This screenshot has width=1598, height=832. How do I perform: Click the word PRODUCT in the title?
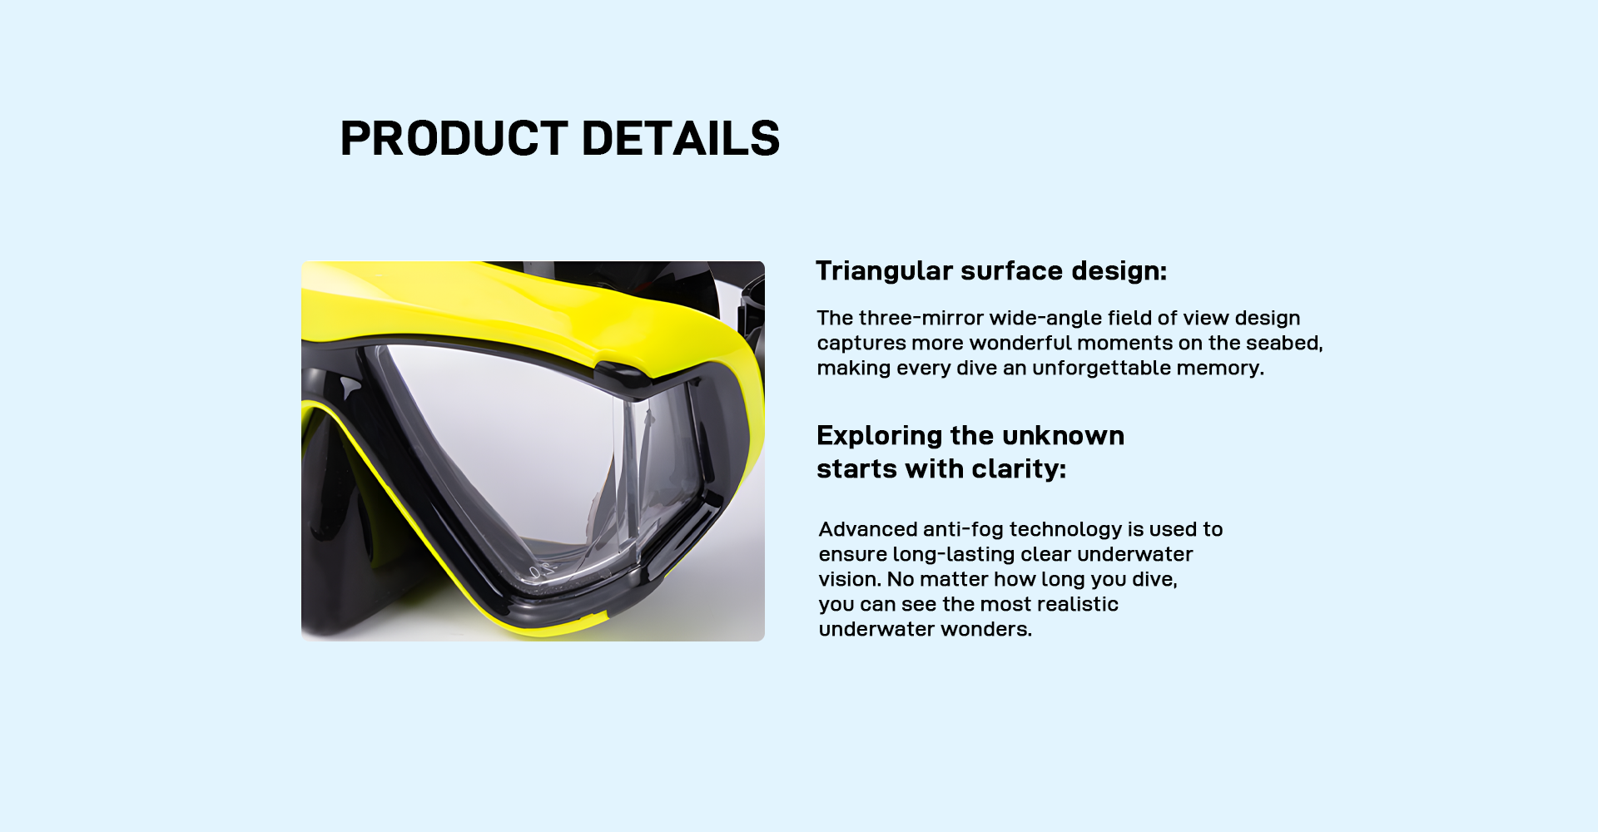(454, 138)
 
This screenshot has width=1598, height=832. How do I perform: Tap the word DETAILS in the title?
(681, 138)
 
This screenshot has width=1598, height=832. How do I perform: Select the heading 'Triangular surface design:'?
(991, 271)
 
